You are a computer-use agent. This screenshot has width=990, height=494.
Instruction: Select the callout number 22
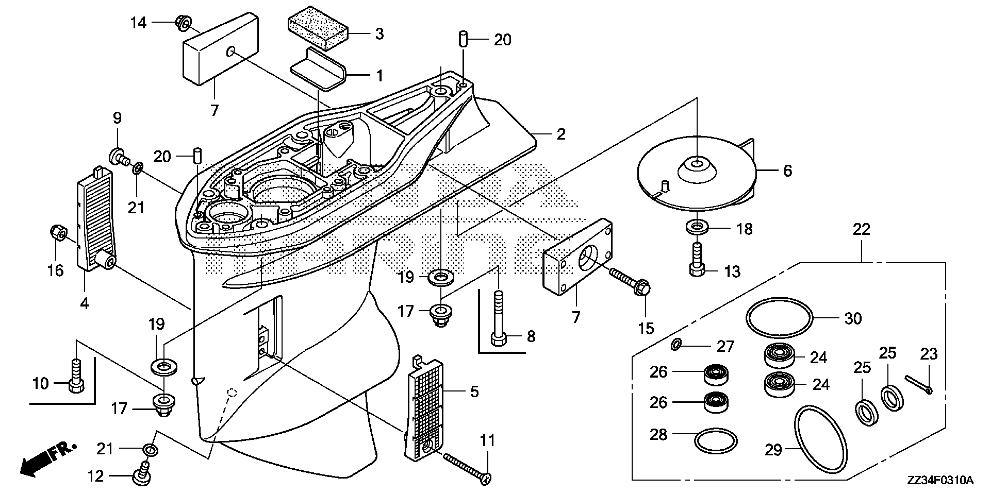(x=861, y=229)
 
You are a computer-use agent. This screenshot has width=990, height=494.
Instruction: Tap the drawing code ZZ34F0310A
(x=940, y=481)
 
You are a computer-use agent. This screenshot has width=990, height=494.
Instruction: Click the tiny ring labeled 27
(x=676, y=345)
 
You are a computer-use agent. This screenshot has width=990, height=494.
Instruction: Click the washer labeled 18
(x=697, y=227)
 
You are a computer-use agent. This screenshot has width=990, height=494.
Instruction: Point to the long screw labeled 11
(x=465, y=465)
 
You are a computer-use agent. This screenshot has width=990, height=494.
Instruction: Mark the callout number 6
(x=787, y=171)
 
